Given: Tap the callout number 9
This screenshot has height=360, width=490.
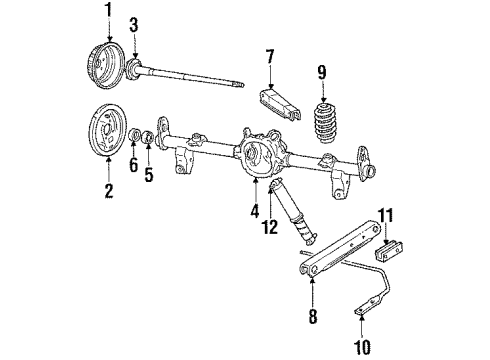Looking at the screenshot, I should [x=321, y=72].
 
